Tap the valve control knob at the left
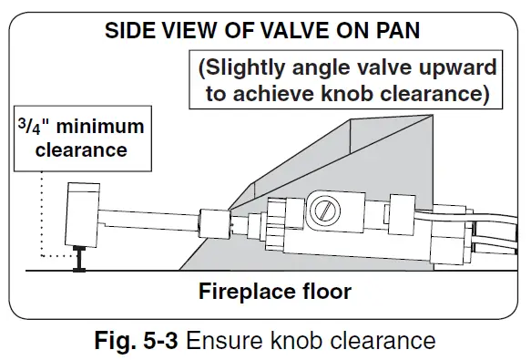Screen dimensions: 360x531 click(x=80, y=213)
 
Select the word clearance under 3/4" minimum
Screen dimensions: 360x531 click(x=81, y=150)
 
